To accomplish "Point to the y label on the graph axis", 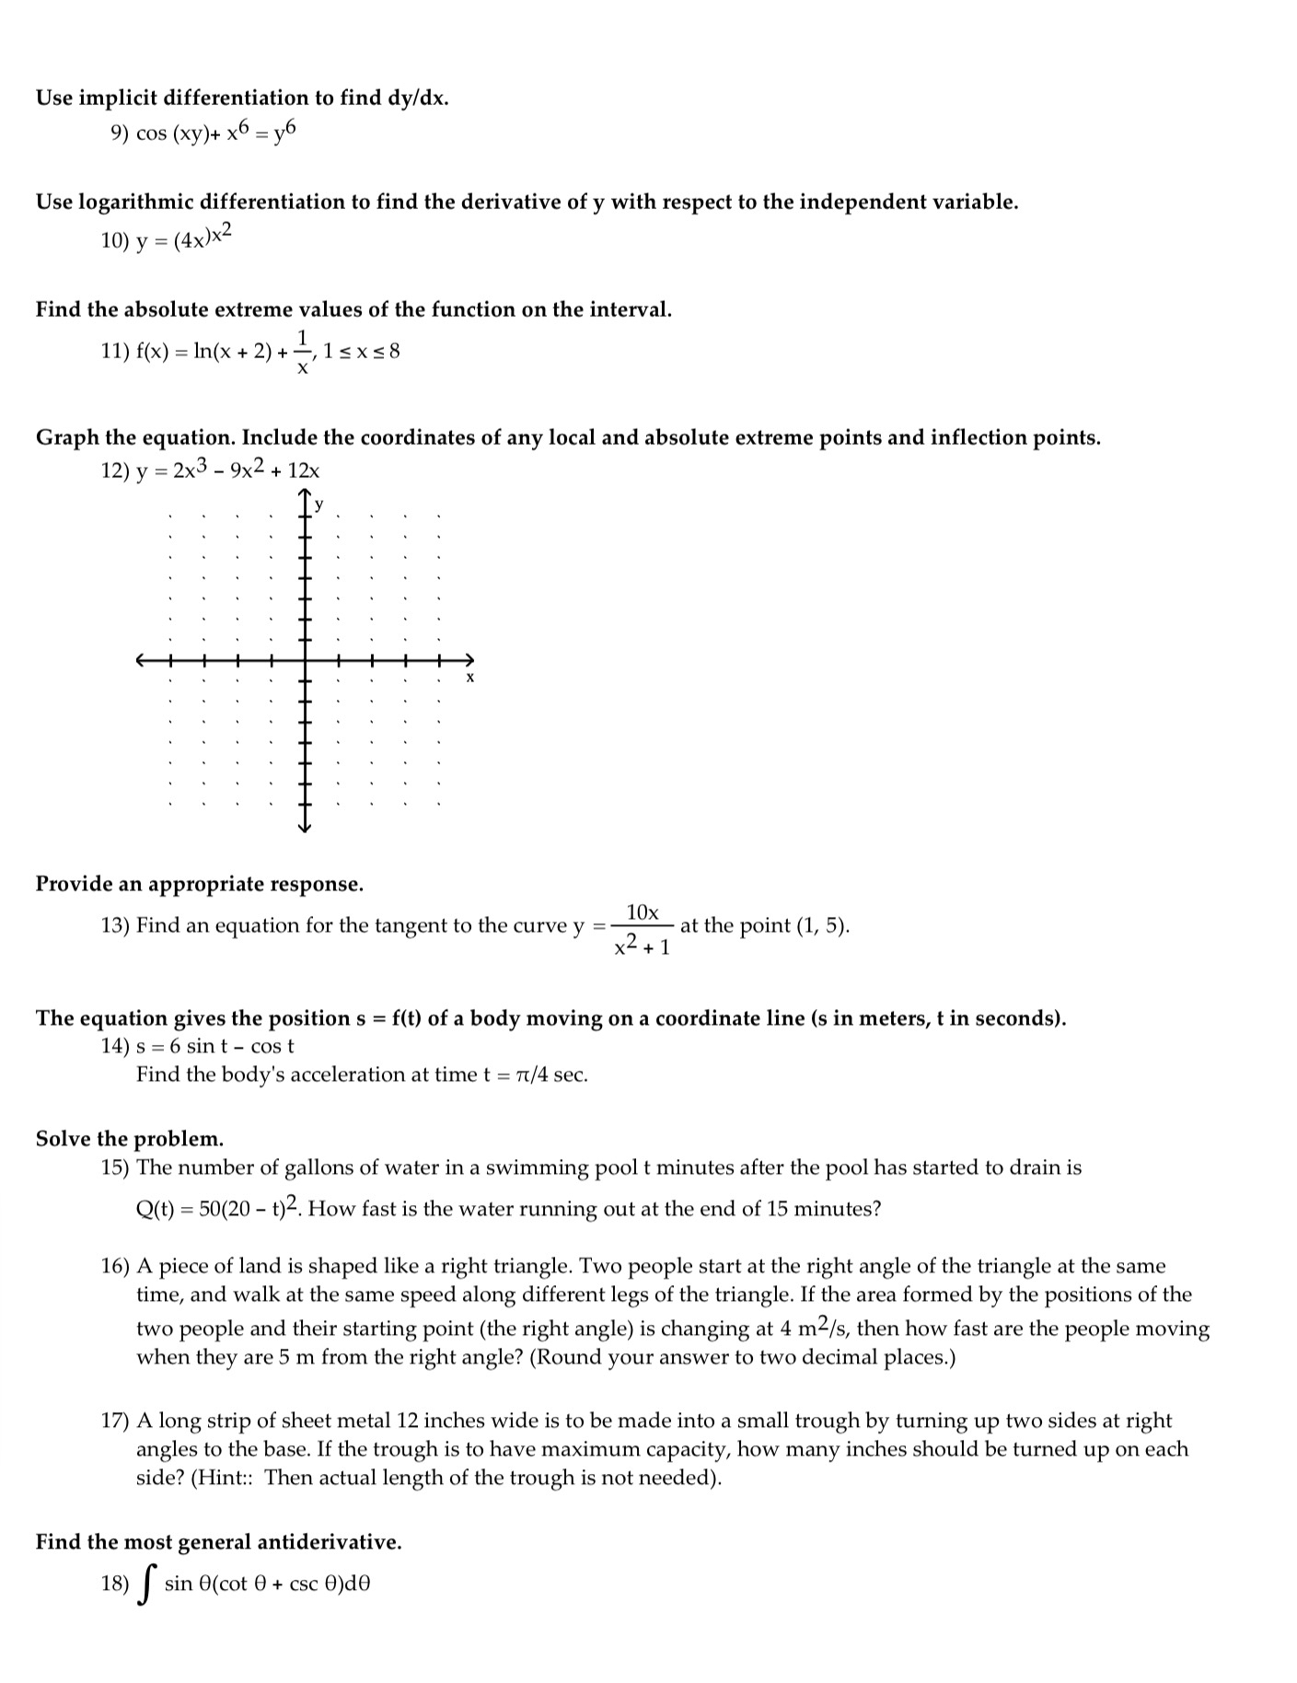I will (x=319, y=505).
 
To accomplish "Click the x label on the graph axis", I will (x=469, y=678).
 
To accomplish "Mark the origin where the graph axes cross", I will (x=306, y=660).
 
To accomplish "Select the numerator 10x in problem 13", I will (x=643, y=912).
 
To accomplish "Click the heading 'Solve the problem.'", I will (x=130, y=1139).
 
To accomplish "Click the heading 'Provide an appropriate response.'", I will (x=200, y=884).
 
